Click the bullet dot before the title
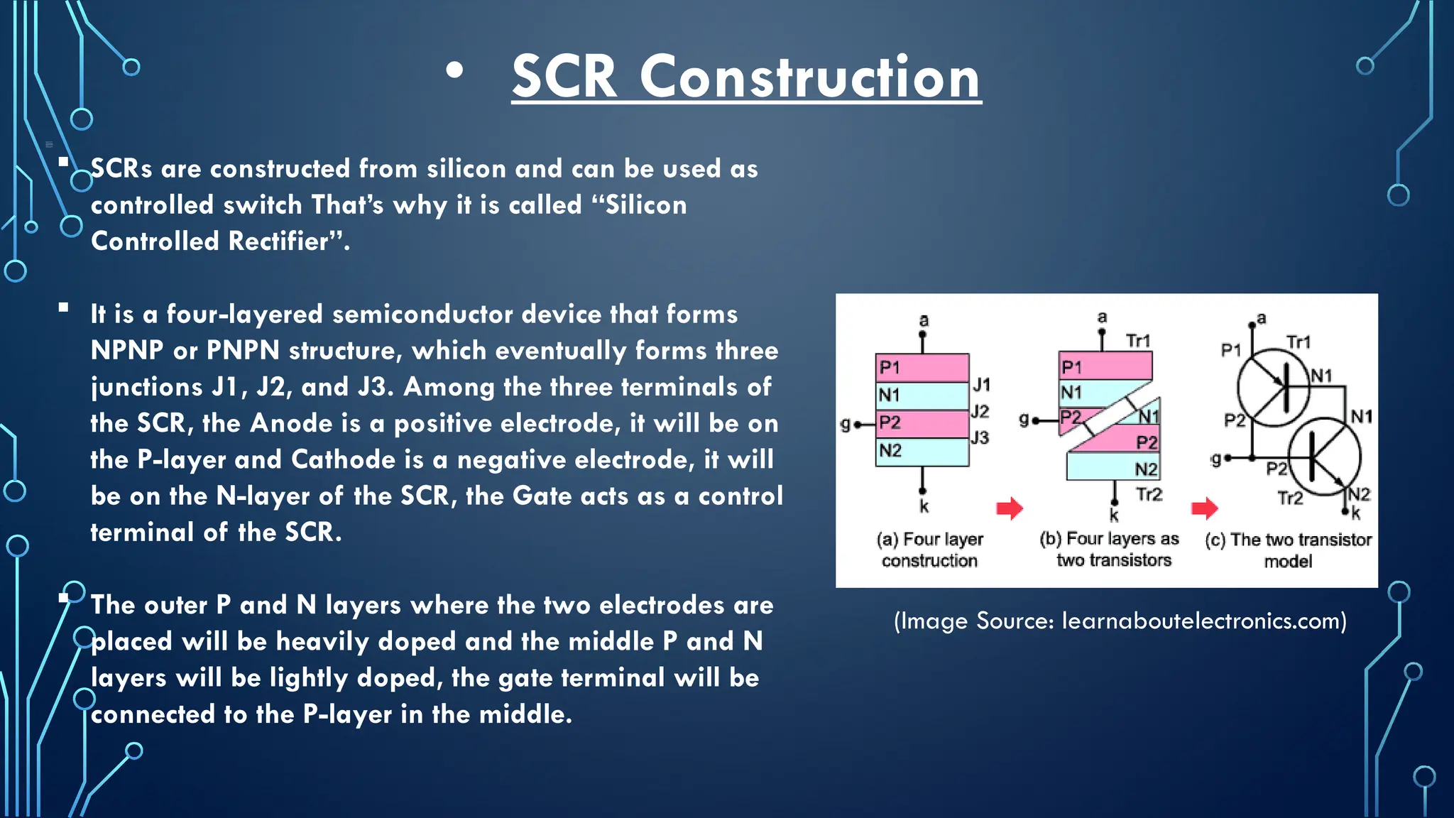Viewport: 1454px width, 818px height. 454,70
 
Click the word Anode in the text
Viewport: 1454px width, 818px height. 291,423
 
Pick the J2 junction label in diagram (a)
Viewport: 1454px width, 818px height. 980,411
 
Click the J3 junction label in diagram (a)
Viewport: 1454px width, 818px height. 980,438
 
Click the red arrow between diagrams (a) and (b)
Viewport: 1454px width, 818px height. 1009,508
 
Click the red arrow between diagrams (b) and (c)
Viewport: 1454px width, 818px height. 1204,508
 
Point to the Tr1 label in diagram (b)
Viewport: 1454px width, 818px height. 1138,341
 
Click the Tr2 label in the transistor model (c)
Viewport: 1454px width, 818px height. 1290,498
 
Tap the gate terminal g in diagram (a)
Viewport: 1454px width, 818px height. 846,424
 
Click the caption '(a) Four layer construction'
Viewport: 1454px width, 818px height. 930,550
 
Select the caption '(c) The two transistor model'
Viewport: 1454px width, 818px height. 1288,550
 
